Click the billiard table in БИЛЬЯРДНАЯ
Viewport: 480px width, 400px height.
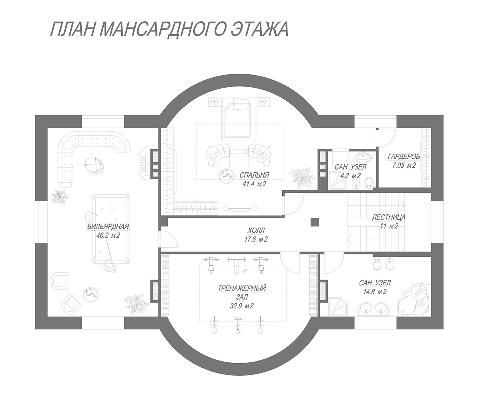111,229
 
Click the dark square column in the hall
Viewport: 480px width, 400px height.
315,222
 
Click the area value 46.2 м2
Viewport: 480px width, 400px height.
108,236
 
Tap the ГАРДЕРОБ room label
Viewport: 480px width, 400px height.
404,156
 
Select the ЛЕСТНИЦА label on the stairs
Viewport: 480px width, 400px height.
389,218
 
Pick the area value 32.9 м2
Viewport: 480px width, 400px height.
241,306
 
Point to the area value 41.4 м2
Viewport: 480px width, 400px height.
254,184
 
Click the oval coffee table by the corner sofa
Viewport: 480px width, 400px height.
94,165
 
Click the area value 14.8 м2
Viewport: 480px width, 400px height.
375,292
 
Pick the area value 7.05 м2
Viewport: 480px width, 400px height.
404,166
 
